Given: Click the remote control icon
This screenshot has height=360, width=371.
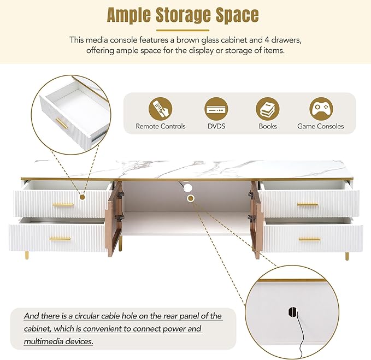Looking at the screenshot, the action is tap(160, 109).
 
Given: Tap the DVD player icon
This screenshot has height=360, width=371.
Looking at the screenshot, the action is tap(216, 109).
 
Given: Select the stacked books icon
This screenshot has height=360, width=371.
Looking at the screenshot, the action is tap(268, 109).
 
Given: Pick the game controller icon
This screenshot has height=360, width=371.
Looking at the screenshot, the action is tap(321, 109).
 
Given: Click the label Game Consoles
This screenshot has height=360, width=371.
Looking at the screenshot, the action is tap(320, 126).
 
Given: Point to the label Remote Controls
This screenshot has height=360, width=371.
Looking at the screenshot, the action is tap(161, 126).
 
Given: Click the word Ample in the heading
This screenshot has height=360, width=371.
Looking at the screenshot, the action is tap(129, 16).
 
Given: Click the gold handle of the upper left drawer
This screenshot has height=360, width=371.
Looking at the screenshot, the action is tap(63, 205).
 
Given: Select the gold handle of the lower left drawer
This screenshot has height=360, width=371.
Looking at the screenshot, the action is tap(60, 239).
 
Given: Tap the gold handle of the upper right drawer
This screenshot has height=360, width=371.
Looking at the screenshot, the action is tap(308, 205).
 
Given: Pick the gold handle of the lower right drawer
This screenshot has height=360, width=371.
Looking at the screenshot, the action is tap(309, 240).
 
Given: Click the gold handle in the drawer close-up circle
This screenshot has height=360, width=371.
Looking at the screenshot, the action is tap(62, 124).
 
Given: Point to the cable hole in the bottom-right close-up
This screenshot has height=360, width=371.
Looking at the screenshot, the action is tap(292, 312).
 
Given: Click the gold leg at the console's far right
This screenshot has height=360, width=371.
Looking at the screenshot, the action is tap(347, 256).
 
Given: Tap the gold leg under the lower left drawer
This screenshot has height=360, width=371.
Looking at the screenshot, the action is tap(27, 255).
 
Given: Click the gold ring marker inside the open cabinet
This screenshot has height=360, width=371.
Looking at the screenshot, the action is tap(191, 198).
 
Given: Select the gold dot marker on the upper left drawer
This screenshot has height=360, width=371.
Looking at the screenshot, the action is tap(83, 197).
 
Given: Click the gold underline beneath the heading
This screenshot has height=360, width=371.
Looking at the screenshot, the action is tap(183, 30).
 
